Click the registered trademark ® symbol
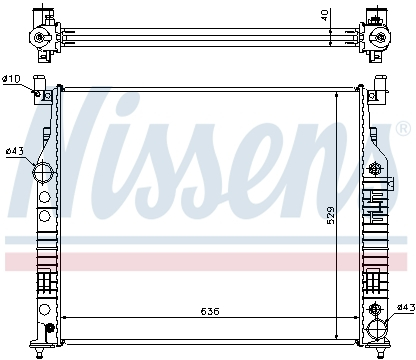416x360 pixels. pyautogui.click(x=401, y=129)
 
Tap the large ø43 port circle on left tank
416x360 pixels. pyautogui.click(x=45, y=172)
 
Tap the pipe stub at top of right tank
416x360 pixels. pyautogui.click(x=381, y=87)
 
